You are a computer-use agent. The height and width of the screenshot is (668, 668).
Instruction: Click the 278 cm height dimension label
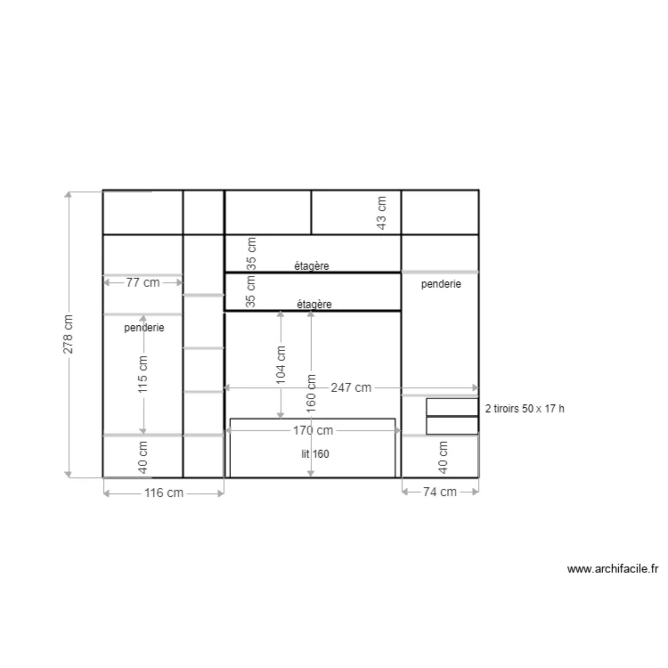pos(69,335)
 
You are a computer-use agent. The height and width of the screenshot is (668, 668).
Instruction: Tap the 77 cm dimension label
pos(143,283)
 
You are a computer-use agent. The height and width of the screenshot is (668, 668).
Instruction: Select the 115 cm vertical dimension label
pos(143,375)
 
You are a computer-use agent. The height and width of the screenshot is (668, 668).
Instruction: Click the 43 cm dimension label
pos(382,211)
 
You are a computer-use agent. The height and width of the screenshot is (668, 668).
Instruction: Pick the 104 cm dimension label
pos(281,364)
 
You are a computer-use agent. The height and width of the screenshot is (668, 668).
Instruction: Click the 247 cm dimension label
pos(351,388)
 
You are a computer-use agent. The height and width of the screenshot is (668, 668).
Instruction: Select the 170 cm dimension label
pos(312,431)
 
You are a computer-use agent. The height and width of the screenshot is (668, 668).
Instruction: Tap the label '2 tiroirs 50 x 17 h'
pos(525,409)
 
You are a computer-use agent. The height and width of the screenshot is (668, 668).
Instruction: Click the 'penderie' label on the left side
pos(144,328)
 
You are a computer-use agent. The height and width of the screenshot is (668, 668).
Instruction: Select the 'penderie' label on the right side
pos(441,284)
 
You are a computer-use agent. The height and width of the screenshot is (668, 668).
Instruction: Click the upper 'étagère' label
pos(313,265)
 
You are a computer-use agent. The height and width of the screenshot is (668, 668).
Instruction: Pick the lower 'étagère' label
pos(314,304)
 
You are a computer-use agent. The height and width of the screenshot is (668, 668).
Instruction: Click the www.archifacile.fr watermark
pos(612,568)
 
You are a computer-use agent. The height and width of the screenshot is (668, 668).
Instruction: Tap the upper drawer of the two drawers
pos(452,406)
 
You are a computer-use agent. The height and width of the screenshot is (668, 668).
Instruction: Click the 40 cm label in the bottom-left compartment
pos(143,457)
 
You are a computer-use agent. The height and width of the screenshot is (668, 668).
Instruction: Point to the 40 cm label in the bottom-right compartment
pos(443,457)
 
